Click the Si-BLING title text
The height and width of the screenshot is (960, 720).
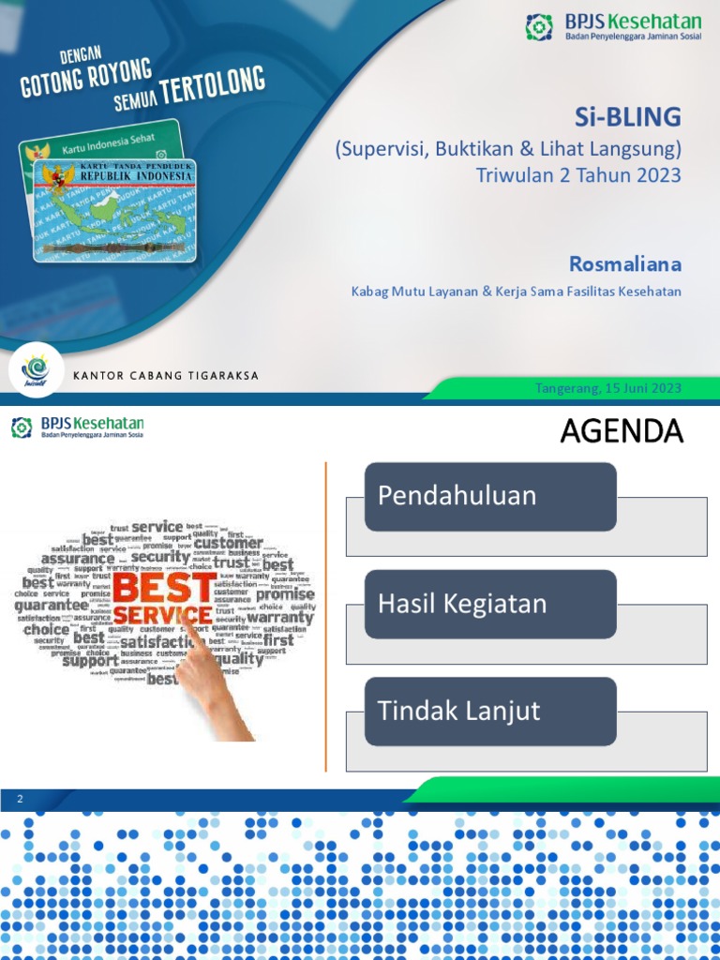click(x=627, y=117)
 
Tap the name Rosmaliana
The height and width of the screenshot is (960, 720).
click(x=625, y=263)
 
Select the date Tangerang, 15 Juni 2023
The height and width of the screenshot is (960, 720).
click(x=608, y=388)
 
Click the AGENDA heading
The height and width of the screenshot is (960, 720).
click(x=622, y=431)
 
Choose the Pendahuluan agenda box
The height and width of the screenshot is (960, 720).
click(x=489, y=496)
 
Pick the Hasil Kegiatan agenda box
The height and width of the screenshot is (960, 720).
click(x=489, y=604)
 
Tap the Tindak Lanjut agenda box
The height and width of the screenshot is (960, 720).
click(x=489, y=711)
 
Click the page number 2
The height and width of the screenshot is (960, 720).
click(x=18, y=799)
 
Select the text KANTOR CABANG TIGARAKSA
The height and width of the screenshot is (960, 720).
click(x=165, y=376)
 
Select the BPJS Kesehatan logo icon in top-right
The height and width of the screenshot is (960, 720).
click(x=539, y=27)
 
